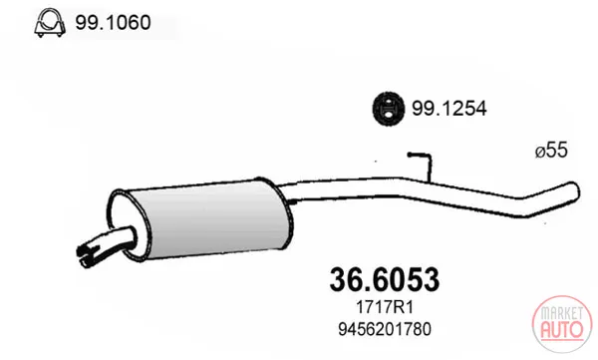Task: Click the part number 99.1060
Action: [x=113, y=23]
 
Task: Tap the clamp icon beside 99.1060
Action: [x=50, y=23]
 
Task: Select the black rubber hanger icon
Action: [x=389, y=109]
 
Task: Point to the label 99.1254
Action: [x=448, y=109]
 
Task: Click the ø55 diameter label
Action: [x=551, y=150]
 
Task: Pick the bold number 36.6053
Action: [x=385, y=280]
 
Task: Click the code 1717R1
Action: [x=385, y=307]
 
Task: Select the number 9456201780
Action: [x=385, y=329]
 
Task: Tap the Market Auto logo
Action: [x=562, y=324]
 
